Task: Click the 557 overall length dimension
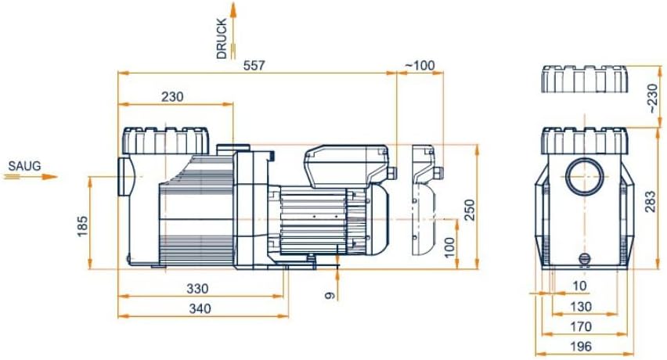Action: click(254, 66)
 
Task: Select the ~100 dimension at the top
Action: click(420, 66)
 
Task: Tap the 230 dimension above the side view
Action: click(172, 97)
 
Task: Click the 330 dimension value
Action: click(197, 288)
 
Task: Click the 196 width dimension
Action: click(582, 347)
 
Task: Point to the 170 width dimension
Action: click(582, 327)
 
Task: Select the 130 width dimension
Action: click(582, 307)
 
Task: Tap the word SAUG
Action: click(23, 166)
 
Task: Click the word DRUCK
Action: click(222, 39)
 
